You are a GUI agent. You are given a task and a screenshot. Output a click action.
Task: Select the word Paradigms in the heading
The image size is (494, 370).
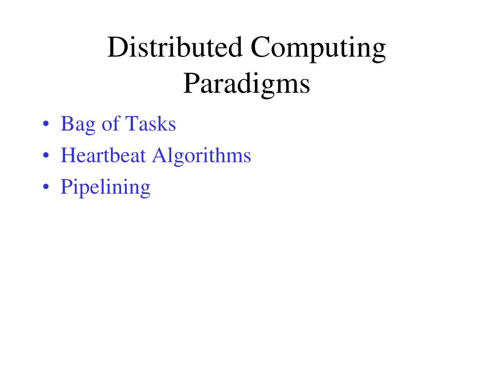(x=247, y=84)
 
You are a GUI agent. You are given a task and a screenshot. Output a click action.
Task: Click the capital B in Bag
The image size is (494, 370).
(x=66, y=124)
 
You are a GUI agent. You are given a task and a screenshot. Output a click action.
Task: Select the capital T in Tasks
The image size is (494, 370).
(x=131, y=124)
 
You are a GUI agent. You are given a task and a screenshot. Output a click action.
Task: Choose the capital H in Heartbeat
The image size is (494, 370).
(x=67, y=155)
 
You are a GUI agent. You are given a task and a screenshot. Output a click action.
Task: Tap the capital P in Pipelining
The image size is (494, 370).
(x=66, y=186)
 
